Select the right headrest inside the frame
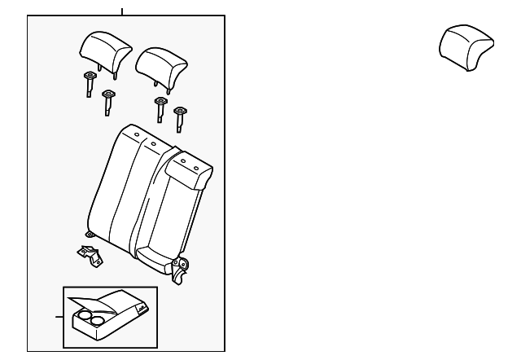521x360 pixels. tap(162, 64)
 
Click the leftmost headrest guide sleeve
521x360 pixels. tap(89, 82)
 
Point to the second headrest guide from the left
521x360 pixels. tap(107, 101)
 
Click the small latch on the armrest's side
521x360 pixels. tap(142, 309)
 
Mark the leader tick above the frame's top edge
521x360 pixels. tap(122, 11)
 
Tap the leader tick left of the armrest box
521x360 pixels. tap(59, 316)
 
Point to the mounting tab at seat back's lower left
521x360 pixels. tap(90, 235)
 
